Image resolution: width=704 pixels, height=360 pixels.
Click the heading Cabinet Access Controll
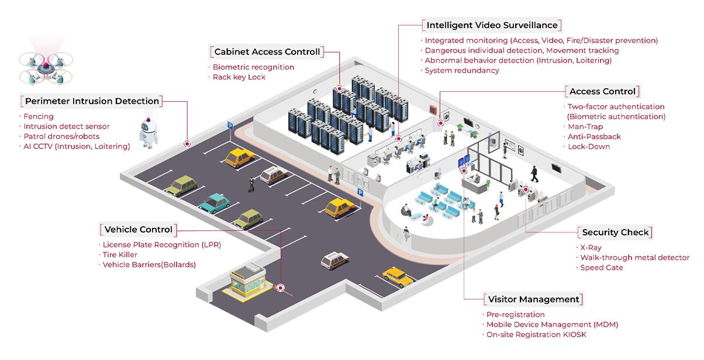267,52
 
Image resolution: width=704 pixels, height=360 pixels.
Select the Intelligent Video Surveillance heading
492,26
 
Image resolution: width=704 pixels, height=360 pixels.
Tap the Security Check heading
615,233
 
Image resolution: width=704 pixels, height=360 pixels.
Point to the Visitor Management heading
533,300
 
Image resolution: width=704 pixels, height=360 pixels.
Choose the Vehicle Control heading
139,230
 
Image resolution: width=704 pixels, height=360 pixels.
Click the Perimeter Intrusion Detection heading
92,101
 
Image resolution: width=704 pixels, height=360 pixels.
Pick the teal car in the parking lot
215,202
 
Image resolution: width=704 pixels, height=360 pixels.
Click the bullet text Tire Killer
120,255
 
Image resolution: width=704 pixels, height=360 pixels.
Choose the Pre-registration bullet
515,315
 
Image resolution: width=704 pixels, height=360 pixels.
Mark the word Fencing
38,117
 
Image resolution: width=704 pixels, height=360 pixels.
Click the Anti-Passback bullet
594,137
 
